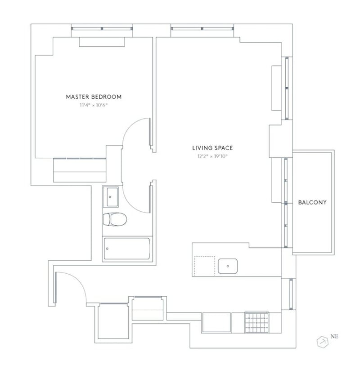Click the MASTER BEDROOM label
tap(94, 97)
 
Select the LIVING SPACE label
tap(212, 147)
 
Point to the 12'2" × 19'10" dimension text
tap(212, 156)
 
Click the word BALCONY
tap(312, 203)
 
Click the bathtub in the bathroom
tap(127, 249)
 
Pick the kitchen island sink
tap(229, 266)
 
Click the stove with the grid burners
tap(256, 323)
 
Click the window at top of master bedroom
tap(102, 28)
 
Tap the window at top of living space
tap(202, 28)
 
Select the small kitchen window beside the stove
tap(291, 294)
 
